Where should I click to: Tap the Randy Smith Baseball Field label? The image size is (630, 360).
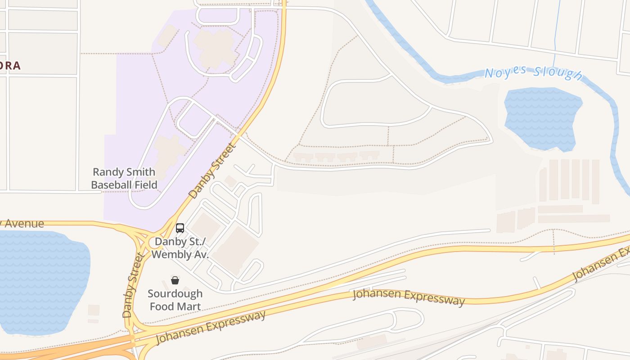click(124, 178)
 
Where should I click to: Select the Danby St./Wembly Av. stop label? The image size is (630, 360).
click(180, 248)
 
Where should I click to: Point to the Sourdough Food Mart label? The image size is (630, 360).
click(175, 300)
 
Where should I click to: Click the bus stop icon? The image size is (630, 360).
click(180, 228)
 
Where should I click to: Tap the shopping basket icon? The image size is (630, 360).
click(175, 280)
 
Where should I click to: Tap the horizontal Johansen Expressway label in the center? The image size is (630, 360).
click(408, 297)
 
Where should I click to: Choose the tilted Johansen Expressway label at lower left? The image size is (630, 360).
click(211, 328)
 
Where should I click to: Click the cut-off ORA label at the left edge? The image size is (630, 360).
click(11, 66)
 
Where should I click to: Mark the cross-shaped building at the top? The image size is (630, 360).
click(214, 47)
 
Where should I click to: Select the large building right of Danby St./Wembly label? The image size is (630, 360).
click(235, 250)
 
